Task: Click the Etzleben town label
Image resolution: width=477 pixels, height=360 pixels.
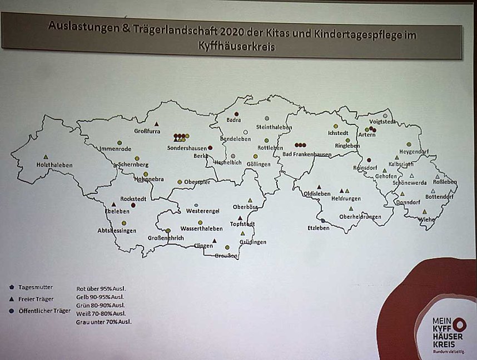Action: [x=319, y=228]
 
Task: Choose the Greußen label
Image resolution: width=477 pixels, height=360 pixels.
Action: [x=228, y=256]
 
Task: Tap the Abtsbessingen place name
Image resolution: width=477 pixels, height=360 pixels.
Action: [x=117, y=231]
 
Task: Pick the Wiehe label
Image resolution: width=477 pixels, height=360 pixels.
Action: [x=426, y=219]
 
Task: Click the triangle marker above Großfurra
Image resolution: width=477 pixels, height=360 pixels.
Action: [x=156, y=124]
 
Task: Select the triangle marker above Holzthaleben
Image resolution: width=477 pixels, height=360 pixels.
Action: [x=46, y=157]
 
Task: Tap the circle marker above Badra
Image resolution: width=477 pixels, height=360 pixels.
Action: [x=236, y=114]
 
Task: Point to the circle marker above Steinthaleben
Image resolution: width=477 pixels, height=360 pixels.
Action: [x=267, y=118]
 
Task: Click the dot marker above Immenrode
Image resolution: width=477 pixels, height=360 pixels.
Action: [x=120, y=143]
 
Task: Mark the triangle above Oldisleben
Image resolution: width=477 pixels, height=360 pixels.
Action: [x=319, y=187]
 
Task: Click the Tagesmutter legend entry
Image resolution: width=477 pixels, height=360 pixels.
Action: [x=36, y=287]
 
